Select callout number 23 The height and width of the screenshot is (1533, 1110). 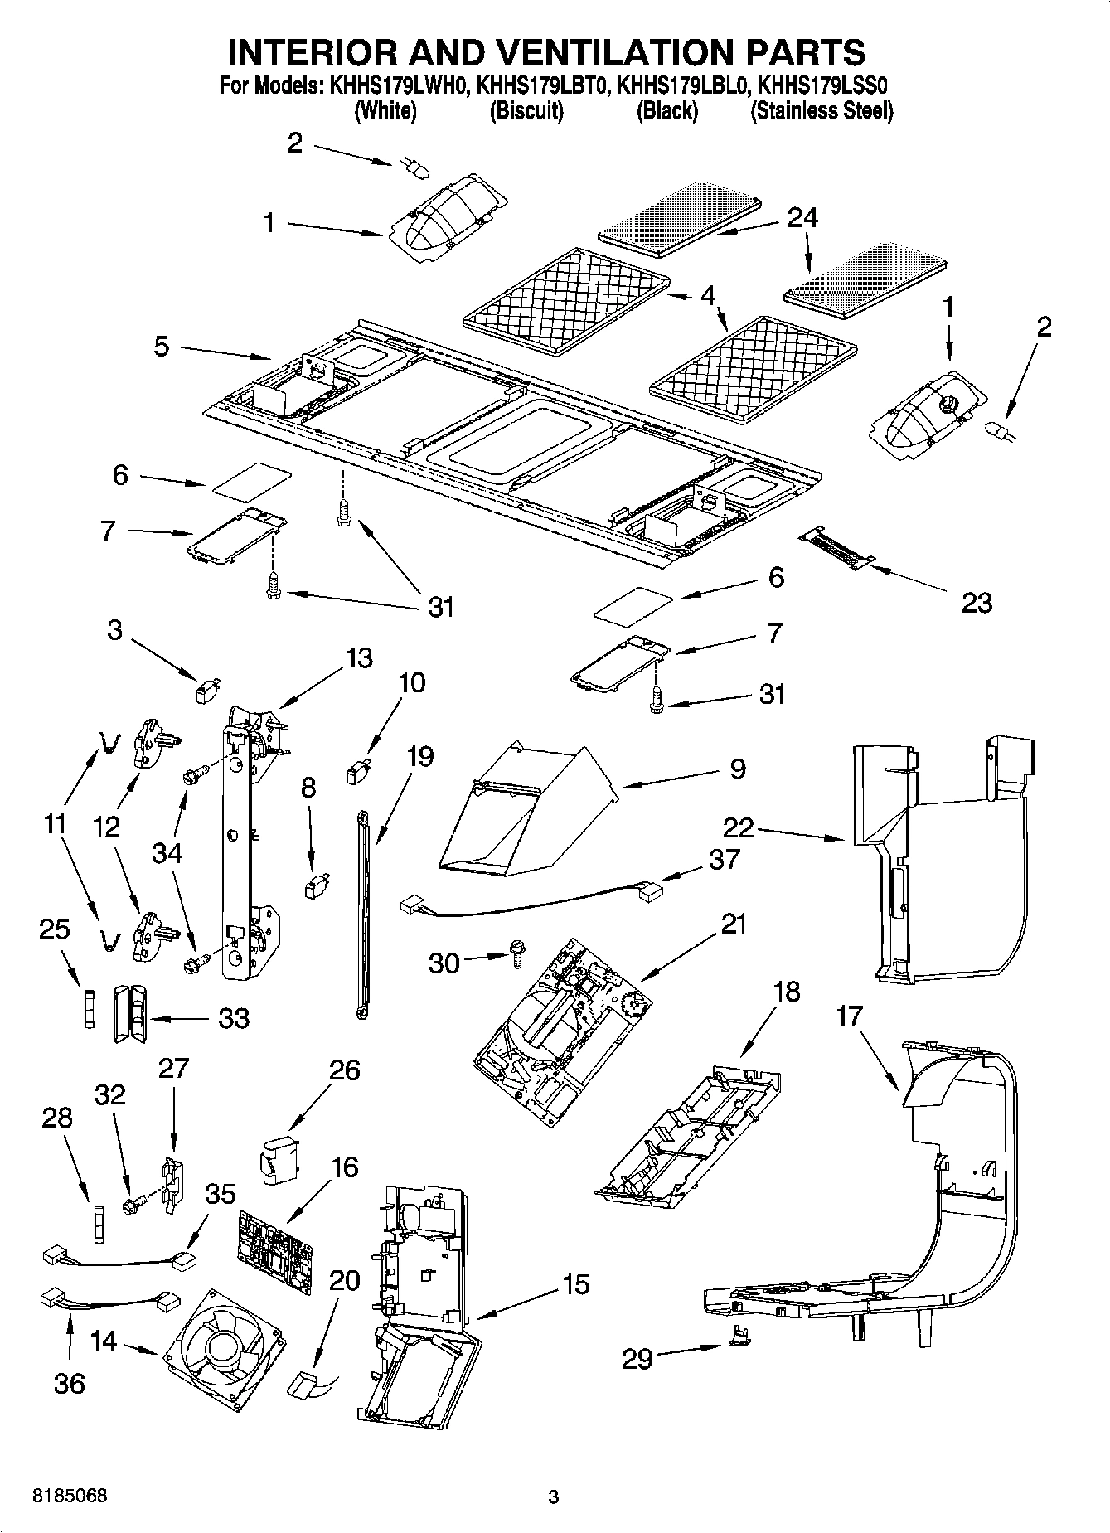pos(977,603)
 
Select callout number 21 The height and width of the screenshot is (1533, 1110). pos(734,924)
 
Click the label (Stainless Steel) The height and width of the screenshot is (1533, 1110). pos(821,111)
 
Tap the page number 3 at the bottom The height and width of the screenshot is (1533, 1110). pos(554,1497)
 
